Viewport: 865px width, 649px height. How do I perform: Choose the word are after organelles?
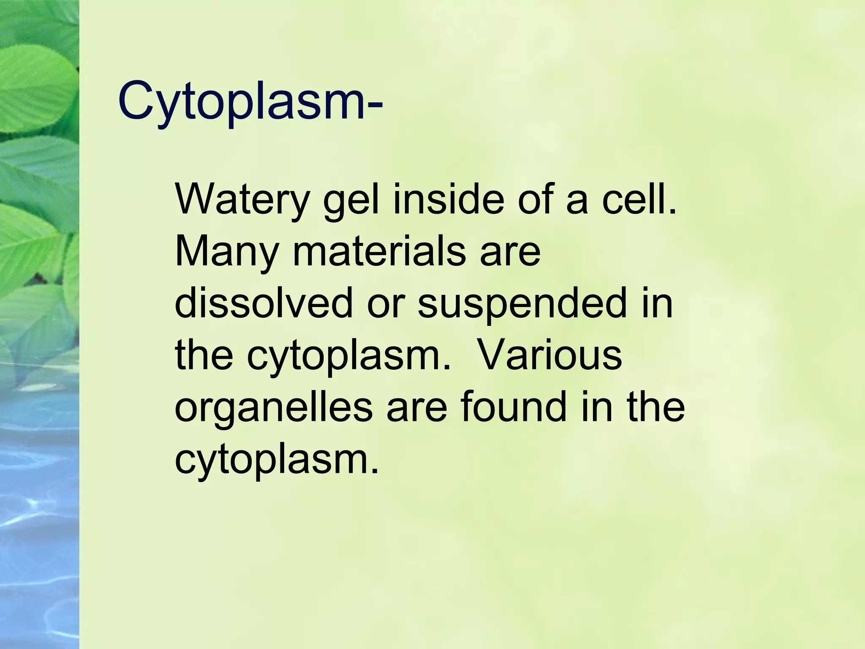pos(416,408)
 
